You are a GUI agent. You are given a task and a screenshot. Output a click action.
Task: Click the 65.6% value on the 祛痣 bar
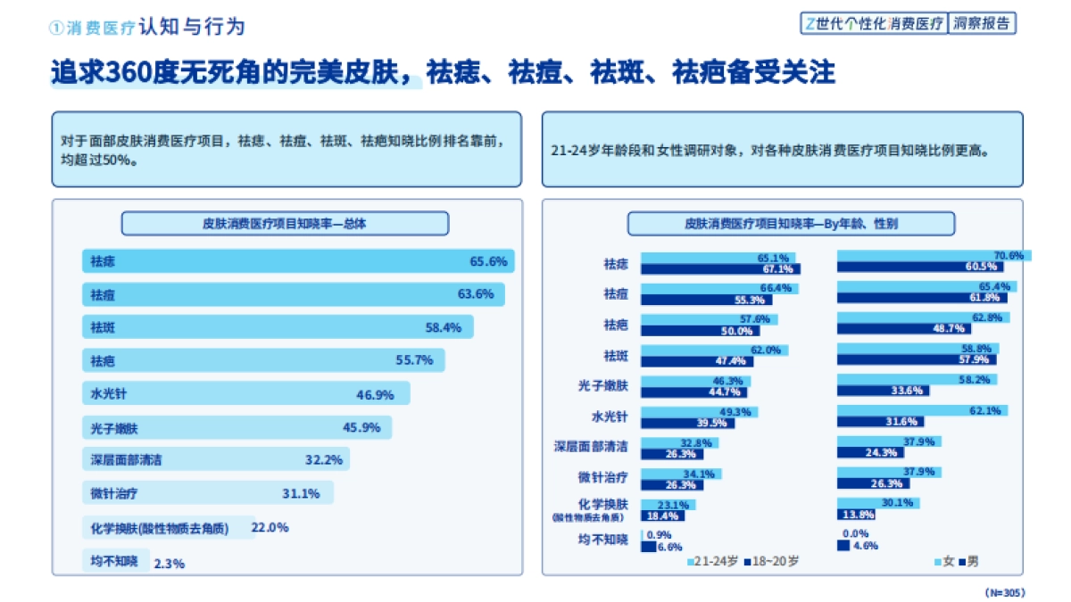tap(488, 261)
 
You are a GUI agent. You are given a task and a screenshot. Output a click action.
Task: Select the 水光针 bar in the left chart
tap(245, 393)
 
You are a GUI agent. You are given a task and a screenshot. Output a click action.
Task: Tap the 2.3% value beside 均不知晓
tap(170, 564)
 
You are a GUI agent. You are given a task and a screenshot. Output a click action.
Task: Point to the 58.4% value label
tap(443, 327)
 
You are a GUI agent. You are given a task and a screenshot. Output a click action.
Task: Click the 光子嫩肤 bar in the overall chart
tap(237, 427)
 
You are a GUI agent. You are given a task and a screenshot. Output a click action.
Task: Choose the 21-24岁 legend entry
tap(712, 562)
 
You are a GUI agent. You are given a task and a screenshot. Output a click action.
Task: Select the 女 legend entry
tap(944, 562)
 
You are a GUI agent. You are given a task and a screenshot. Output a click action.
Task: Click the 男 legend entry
tap(968, 562)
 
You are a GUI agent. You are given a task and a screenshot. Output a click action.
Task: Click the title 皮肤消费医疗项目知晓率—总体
tap(285, 224)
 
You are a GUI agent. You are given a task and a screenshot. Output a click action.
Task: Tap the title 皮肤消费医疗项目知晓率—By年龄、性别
tap(791, 224)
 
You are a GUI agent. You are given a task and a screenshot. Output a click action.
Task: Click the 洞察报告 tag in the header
tap(983, 24)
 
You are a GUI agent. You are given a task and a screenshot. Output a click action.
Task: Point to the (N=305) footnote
tap(1004, 592)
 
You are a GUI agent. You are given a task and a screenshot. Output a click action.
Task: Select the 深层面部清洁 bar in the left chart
tap(214, 460)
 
